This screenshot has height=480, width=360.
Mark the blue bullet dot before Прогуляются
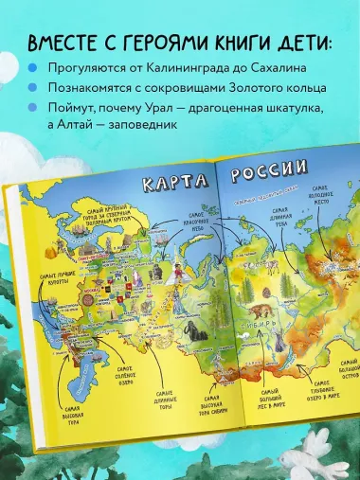click(x=33, y=68)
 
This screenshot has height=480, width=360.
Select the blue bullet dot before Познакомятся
click(x=33, y=89)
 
